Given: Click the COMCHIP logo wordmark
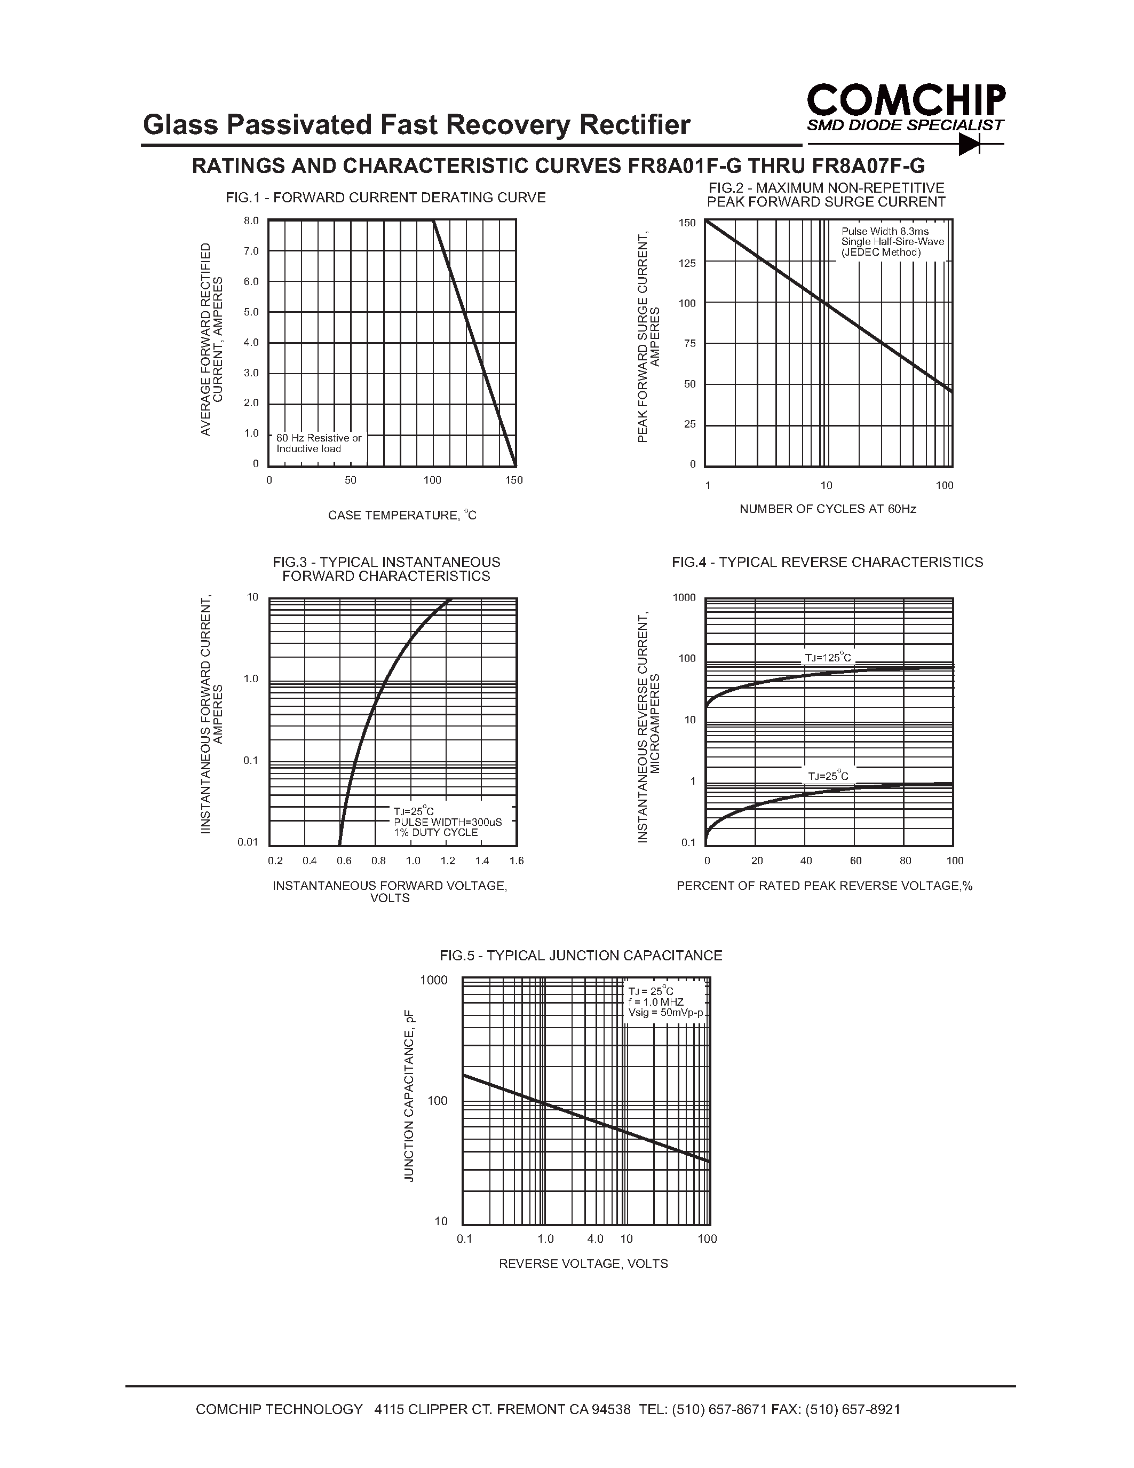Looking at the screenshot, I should (906, 100).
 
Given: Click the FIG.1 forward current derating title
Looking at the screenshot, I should (386, 198).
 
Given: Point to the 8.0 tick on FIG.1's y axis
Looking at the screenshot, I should (251, 220).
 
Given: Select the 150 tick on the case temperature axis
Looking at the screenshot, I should (514, 480).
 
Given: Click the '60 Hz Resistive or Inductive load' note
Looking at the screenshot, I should (319, 444).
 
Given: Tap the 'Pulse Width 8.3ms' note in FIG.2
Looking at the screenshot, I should (885, 231).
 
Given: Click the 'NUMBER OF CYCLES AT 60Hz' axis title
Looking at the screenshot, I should (828, 509).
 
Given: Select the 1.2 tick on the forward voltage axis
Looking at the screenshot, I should (447, 861).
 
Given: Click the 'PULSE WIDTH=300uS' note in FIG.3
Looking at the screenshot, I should (447, 822).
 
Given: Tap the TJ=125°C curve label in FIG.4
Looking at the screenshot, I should (828, 657).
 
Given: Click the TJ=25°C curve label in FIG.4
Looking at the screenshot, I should (828, 776).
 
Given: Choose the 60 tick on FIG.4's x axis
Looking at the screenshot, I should (855, 861).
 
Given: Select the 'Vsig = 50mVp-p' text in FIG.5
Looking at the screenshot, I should (665, 1012).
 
